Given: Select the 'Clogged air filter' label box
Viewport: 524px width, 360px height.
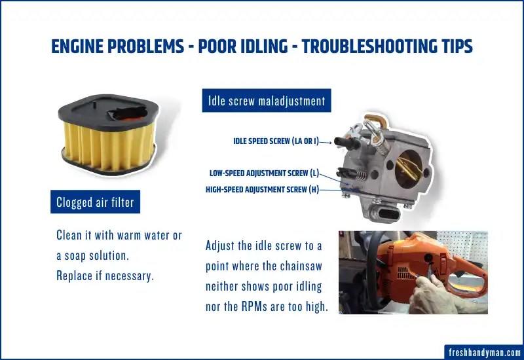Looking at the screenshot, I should pyautogui.click(x=96, y=202).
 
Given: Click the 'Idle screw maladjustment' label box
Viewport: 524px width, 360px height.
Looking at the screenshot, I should pyautogui.click(x=266, y=101).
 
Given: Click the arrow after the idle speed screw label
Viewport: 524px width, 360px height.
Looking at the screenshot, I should pyautogui.click(x=327, y=141).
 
